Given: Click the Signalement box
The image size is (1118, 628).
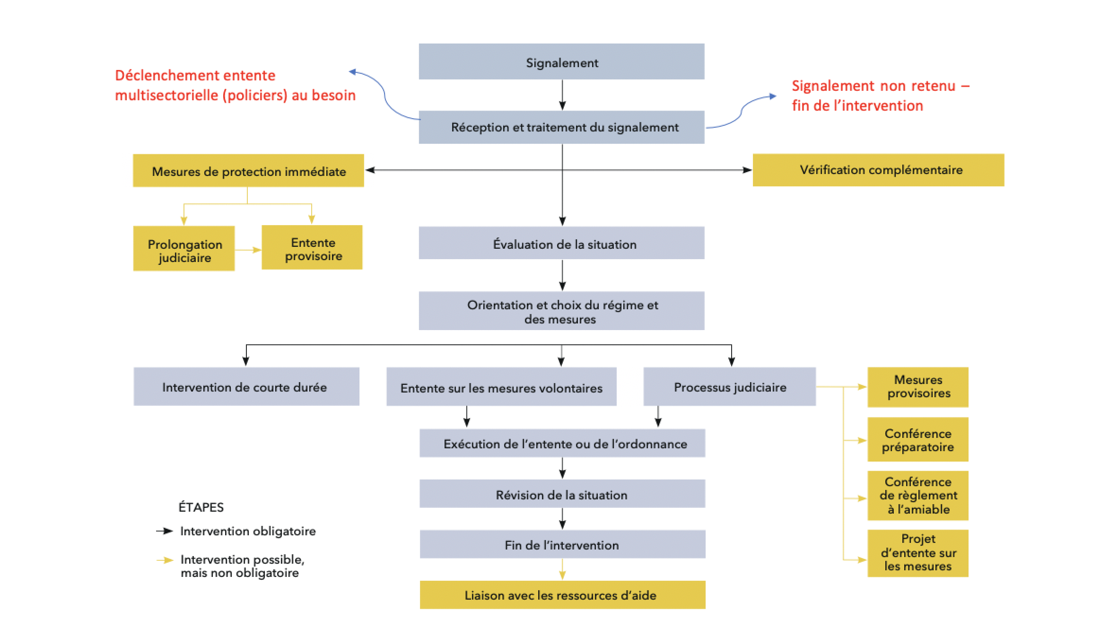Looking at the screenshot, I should click(561, 61).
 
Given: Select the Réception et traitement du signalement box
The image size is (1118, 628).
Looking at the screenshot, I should click(561, 127).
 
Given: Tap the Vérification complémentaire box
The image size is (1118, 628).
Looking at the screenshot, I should click(878, 170).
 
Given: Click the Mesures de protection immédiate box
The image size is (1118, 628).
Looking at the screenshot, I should click(248, 171).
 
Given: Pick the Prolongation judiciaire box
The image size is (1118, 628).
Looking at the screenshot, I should click(184, 248).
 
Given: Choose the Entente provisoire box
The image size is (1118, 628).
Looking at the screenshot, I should click(312, 247).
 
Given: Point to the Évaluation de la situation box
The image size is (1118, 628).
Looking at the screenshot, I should click(561, 243).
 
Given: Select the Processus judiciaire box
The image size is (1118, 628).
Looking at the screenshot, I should click(729, 386).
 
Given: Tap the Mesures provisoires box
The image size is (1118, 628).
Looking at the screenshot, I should click(917, 387).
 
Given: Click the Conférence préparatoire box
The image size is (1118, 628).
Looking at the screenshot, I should click(917, 439).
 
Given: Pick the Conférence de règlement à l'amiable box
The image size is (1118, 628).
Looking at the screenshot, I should click(917, 496).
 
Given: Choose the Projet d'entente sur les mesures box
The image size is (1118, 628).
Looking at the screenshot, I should click(917, 553).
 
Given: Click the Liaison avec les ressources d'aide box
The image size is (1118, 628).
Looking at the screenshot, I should click(562, 595).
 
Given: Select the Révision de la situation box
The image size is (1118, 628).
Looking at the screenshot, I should click(562, 494).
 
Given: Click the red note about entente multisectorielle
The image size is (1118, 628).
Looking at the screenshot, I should click(235, 85).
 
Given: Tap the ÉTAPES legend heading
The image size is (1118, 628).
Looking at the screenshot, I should click(201, 507).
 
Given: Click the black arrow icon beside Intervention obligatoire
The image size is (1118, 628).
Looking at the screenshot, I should click(165, 531).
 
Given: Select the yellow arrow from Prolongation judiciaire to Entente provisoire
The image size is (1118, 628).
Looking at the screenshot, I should click(248, 250).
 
